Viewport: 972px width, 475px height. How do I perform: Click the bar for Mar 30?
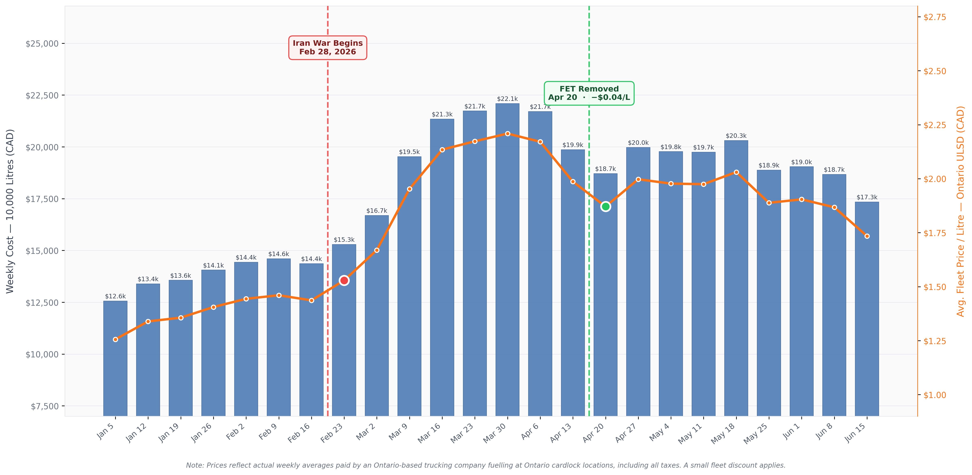507,260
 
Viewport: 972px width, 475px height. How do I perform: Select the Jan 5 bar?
115,358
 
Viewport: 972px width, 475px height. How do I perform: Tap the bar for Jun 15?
867,309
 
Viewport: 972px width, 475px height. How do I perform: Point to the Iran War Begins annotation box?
328,48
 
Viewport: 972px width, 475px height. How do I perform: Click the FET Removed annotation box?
589,93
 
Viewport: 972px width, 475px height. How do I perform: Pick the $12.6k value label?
115,296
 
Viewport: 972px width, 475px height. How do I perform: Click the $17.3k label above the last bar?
867,197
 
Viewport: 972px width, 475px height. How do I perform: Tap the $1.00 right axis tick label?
935,395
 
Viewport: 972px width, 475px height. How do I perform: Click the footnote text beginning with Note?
486,465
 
